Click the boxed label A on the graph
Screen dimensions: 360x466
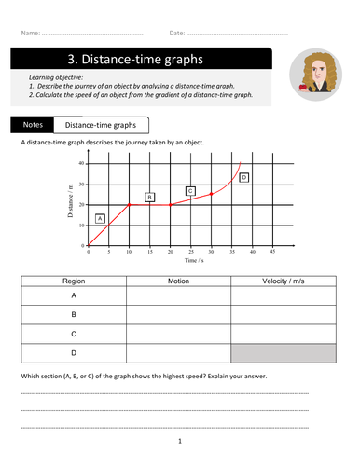[102, 219]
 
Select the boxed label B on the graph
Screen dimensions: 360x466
[149, 197]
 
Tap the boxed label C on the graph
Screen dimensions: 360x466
[190, 191]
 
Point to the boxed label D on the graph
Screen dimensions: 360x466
[244, 177]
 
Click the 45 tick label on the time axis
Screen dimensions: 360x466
[272, 252]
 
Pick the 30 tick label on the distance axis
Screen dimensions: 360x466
[81, 185]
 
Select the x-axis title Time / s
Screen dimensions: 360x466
[192, 263]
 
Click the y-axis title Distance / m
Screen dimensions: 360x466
[69, 204]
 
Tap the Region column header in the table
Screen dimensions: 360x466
[74, 281]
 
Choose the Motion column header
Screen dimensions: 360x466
[178, 281]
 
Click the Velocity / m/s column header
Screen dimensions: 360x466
[270, 281]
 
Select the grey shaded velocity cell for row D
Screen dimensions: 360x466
[270, 353]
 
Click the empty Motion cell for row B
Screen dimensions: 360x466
[178, 314]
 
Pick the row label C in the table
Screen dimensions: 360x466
[74, 333]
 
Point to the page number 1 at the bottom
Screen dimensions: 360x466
[179, 441]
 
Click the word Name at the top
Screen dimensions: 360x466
[29, 34]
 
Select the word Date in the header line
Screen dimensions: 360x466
[177, 34]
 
